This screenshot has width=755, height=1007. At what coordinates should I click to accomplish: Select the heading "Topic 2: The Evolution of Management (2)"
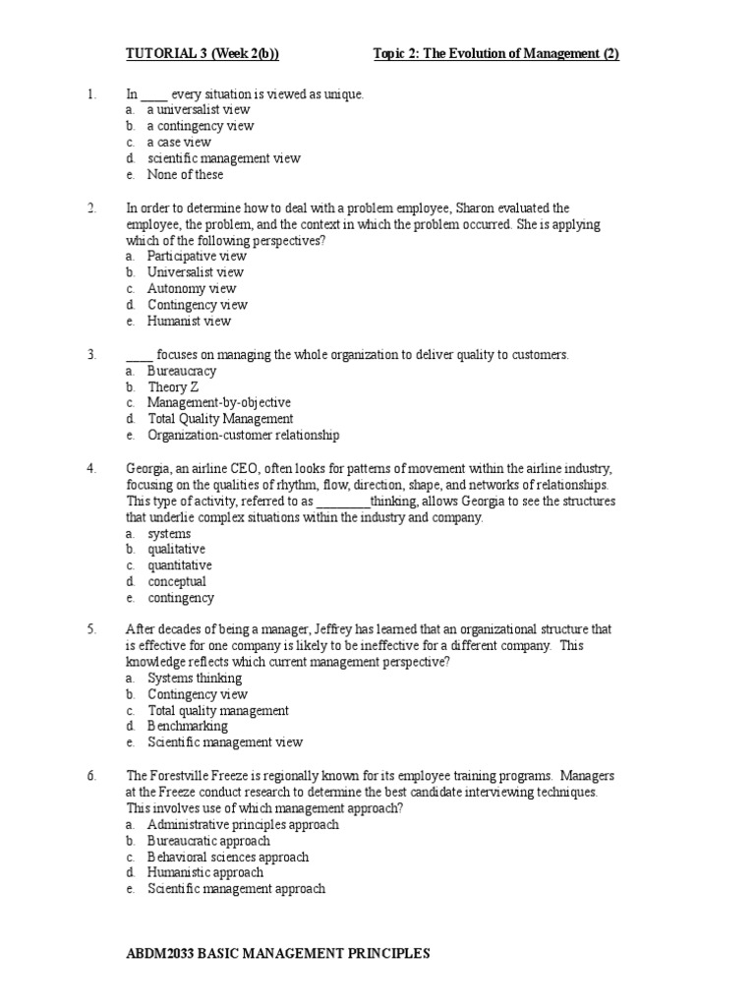click(x=496, y=54)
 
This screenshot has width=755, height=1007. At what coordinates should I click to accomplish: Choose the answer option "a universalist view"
click(x=198, y=110)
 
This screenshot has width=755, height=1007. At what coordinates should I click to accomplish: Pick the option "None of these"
click(x=185, y=175)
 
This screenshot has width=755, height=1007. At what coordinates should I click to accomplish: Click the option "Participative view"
click(x=197, y=256)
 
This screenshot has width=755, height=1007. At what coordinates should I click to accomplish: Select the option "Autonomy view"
click(x=192, y=288)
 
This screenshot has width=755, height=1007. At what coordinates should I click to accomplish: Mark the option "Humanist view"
click(x=189, y=321)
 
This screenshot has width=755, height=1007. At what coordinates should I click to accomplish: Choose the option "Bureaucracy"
click(x=182, y=371)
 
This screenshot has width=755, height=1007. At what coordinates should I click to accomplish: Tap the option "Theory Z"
click(x=173, y=386)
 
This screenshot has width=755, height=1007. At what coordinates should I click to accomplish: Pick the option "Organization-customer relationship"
click(x=243, y=435)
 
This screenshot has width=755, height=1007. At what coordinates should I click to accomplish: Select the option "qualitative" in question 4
click(x=176, y=550)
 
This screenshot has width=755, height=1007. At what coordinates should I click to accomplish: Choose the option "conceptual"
click(x=177, y=582)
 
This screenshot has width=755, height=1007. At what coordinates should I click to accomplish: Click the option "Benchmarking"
click(x=187, y=726)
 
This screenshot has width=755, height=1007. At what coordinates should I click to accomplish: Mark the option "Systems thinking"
click(x=194, y=678)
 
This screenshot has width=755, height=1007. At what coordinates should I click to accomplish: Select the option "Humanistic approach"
click(x=204, y=872)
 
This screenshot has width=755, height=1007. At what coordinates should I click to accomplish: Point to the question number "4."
click(x=91, y=469)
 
